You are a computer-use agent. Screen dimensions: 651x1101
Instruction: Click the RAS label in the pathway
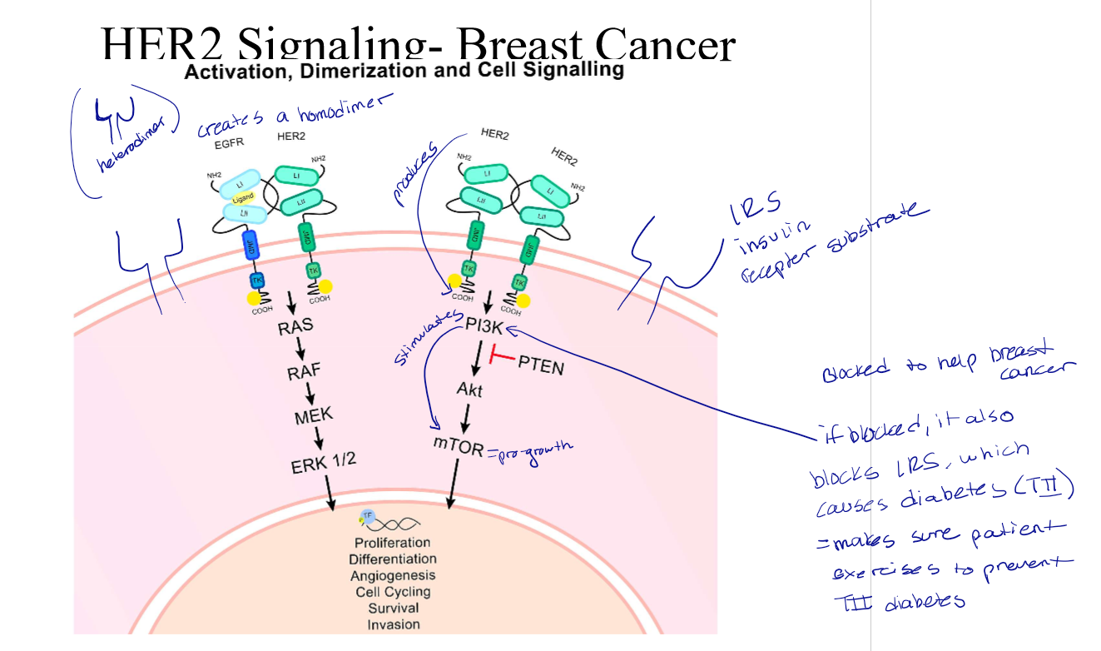tap(296, 327)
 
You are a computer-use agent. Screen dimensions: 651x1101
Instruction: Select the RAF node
tap(305, 371)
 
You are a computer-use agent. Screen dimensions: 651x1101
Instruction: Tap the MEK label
tap(313, 415)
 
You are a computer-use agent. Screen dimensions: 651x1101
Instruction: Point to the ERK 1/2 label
tap(323, 464)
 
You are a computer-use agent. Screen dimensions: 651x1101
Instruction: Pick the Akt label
tap(469, 390)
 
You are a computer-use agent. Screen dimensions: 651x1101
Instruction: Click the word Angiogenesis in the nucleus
tap(393, 575)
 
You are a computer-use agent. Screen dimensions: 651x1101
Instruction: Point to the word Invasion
tap(394, 624)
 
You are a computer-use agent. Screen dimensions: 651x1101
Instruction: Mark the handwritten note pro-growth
tap(533, 450)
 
